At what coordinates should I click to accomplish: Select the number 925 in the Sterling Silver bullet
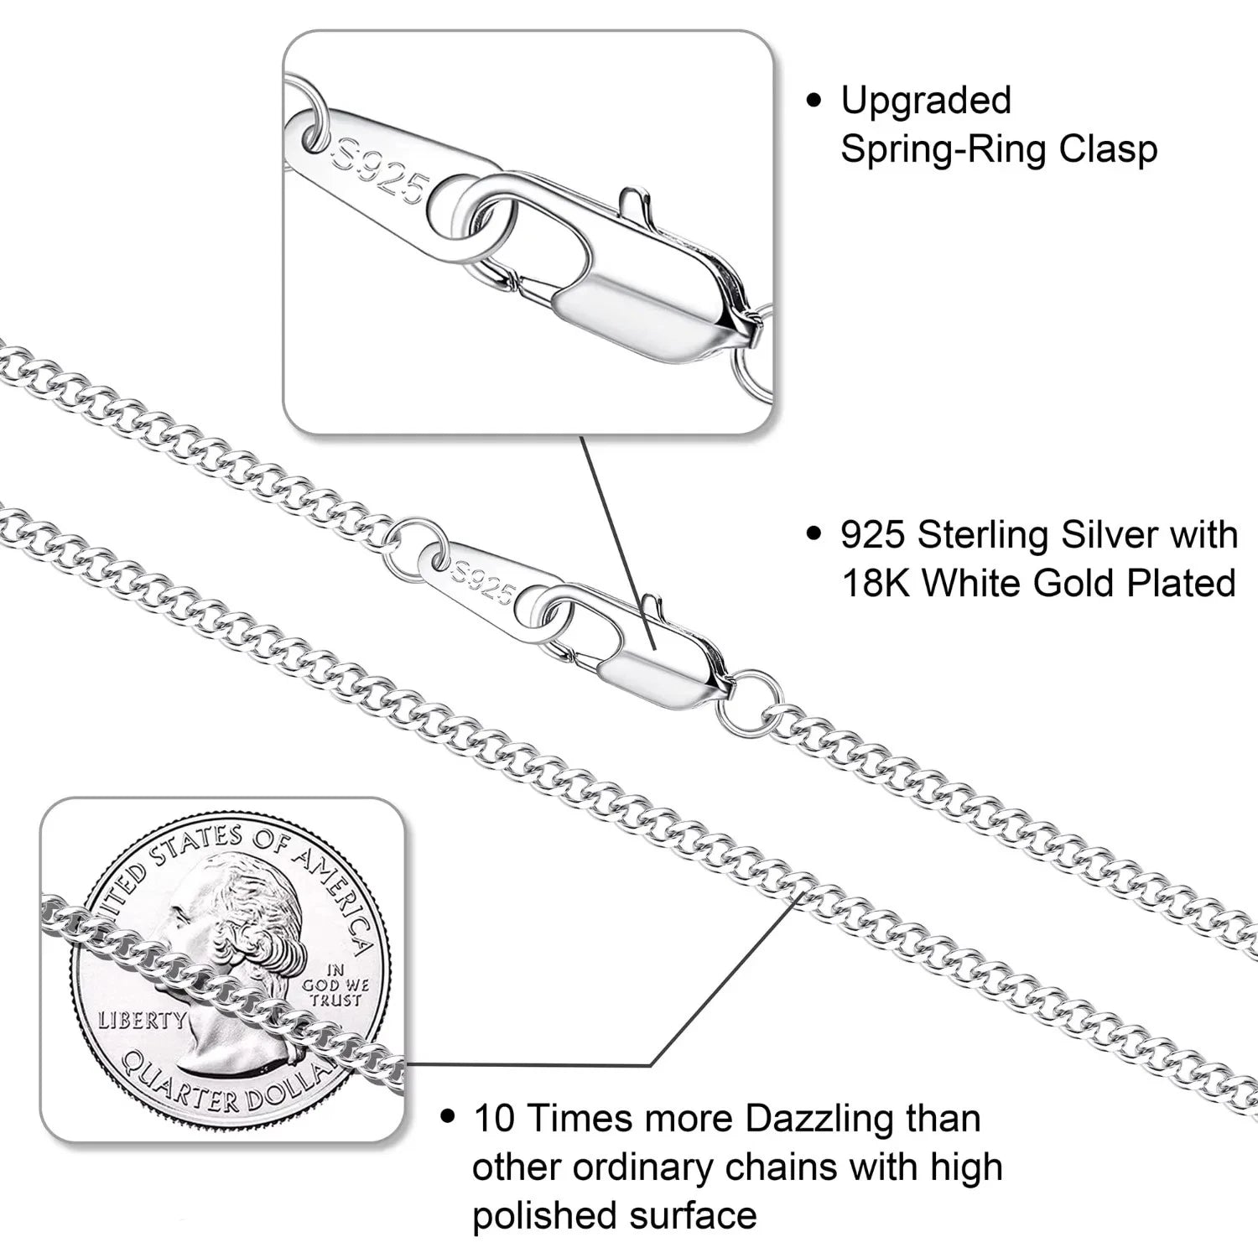tap(873, 535)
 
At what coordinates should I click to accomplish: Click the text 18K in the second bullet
tap(875, 584)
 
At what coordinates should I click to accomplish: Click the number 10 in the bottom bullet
tap(493, 1119)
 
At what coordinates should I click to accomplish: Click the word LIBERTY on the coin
tap(142, 1020)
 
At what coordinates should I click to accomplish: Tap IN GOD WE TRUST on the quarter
tap(335, 985)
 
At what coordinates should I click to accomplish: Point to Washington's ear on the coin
tap(239, 931)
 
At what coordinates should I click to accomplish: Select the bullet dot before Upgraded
tap(814, 101)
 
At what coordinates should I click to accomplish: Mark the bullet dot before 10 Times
tap(449, 1118)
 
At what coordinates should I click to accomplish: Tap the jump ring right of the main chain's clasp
tap(751, 703)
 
